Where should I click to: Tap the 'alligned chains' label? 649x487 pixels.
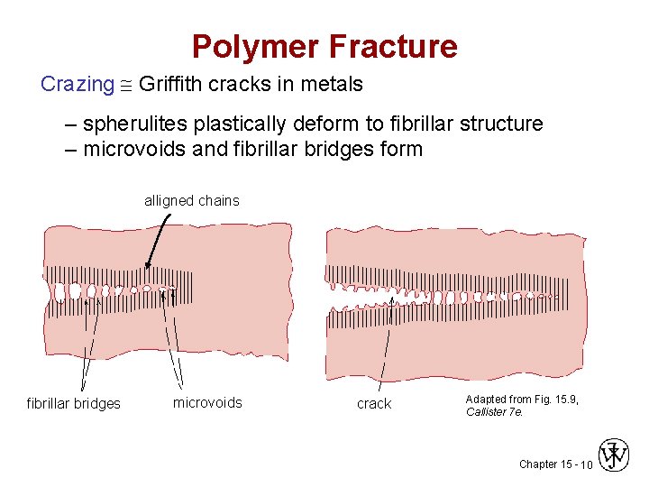click(x=192, y=201)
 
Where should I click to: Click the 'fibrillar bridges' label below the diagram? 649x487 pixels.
click(x=73, y=404)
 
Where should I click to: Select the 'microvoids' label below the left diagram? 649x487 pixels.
click(x=207, y=403)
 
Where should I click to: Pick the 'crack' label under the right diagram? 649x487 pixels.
click(x=374, y=404)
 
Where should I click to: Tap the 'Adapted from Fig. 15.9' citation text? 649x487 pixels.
click(x=521, y=399)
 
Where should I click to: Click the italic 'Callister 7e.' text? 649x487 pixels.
click(x=494, y=412)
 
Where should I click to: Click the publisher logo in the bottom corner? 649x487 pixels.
click(x=614, y=456)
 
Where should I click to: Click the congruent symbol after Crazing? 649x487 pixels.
click(x=127, y=86)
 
